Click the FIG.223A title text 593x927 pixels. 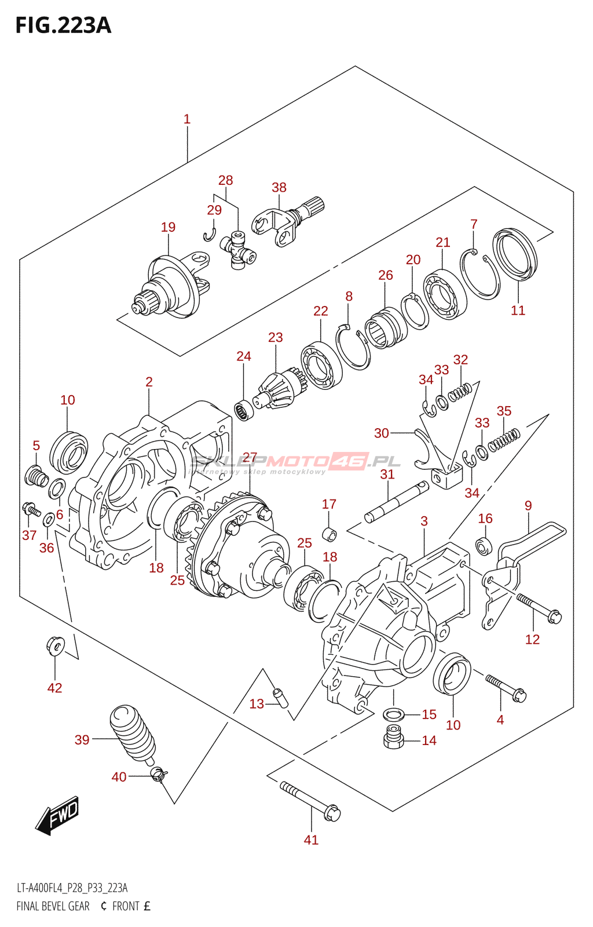pyautogui.click(x=63, y=25)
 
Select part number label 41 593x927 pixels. pyautogui.click(x=311, y=840)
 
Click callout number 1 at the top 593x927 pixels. pyautogui.click(x=187, y=119)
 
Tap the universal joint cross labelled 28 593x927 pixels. pyautogui.click(x=238, y=249)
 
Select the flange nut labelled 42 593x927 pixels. pyautogui.click(x=54, y=644)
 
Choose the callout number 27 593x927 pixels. pyautogui.click(x=250, y=457)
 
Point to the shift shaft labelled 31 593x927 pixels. pyautogui.click(x=396, y=502)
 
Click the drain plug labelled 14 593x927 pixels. pyautogui.click(x=393, y=736)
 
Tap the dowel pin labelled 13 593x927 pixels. pyautogui.click(x=281, y=697)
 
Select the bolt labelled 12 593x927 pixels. pyautogui.click(x=538, y=608)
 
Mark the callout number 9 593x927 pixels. pyautogui.click(x=528, y=505)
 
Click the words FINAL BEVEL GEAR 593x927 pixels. pyautogui.click(x=53, y=906)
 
